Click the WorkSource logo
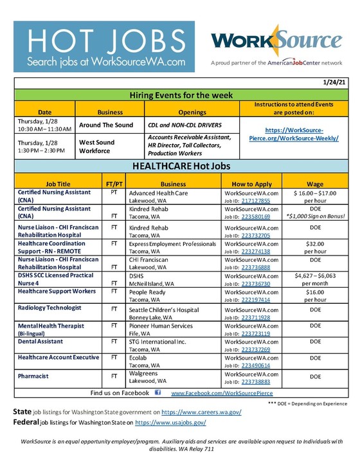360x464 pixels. point(277,41)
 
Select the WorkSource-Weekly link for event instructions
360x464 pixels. point(296,135)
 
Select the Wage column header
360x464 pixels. point(315,183)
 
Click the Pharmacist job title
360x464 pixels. point(33,375)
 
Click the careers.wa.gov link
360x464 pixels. point(201,412)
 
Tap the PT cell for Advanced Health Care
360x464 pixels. point(114,192)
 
